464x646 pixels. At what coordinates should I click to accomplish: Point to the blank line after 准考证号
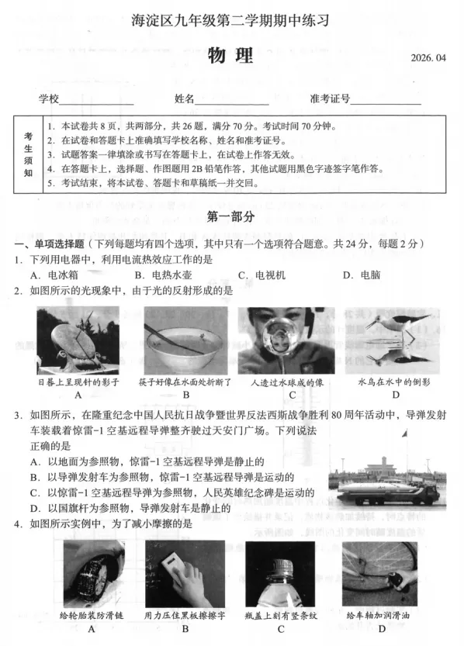point(386,101)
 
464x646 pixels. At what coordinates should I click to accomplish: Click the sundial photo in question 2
point(78,340)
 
